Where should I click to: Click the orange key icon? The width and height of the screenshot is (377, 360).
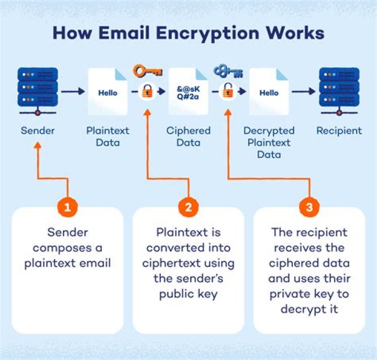pyautogui.click(x=147, y=70)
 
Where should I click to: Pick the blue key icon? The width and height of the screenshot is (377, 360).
pyautogui.click(x=227, y=71)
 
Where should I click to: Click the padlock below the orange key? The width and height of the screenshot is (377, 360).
pyautogui.click(x=148, y=92)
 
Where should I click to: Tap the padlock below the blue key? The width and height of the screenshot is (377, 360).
pyautogui.click(x=227, y=92)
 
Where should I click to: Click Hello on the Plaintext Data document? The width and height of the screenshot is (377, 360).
pyautogui.click(x=108, y=93)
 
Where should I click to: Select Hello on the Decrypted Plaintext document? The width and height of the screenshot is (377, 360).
pyautogui.click(x=269, y=93)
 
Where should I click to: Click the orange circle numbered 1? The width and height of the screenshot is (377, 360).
pyautogui.click(x=67, y=207)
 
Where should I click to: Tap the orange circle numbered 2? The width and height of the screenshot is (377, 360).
pyautogui.click(x=188, y=207)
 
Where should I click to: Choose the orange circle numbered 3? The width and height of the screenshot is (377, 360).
pyautogui.click(x=309, y=207)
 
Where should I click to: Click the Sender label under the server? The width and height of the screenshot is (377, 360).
pyautogui.click(x=37, y=130)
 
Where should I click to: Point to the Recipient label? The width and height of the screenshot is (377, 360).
pyautogui.click(x=339, y=130)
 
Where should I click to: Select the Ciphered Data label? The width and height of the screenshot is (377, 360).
pyautogui.click(x=188, y=136)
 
